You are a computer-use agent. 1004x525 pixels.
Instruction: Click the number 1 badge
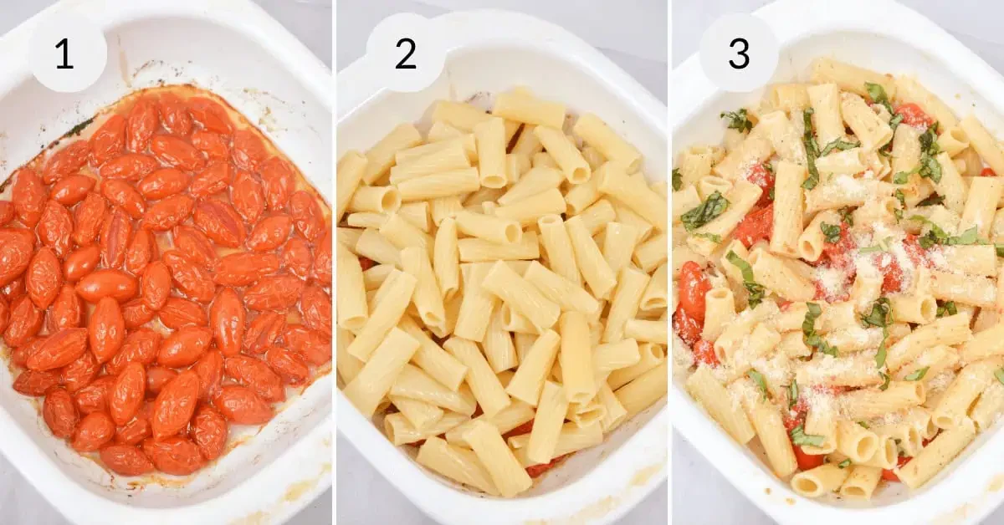(66, 54)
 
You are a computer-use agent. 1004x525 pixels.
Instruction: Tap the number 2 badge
(406, 54)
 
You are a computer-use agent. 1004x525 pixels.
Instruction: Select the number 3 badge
(739, 54)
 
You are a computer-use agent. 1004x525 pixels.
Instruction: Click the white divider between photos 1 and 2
(335, 262)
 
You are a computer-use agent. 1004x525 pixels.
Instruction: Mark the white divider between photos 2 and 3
(669, 262)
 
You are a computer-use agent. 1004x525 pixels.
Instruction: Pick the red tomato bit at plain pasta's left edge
(366, 262)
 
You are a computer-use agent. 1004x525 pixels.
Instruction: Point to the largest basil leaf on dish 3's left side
(704, 211)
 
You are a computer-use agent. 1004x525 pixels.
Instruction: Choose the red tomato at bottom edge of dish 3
(807, 457)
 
